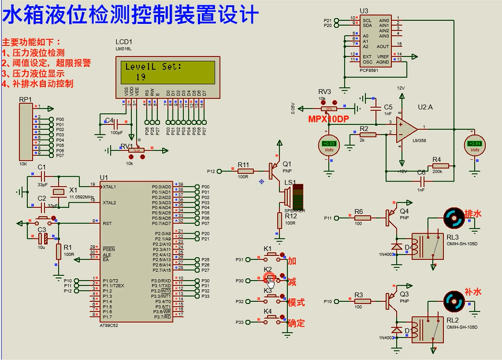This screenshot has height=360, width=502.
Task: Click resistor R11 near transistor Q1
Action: (x=245, y=171)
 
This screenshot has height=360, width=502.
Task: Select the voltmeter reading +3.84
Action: (x=475, y=144)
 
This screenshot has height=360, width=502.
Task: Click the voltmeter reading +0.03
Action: (x=329, y=144)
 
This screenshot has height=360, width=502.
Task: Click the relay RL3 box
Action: (x=427, y=246)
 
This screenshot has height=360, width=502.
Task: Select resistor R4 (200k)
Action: (x=440, y=166)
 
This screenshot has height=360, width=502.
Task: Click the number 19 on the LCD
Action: (x=141, y=77)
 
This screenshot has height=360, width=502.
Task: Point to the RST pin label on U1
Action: (x=107, y=223)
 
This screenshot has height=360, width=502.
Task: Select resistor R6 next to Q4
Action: (x=363, y=218)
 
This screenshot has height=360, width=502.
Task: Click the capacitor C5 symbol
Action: (x=376, y=107)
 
